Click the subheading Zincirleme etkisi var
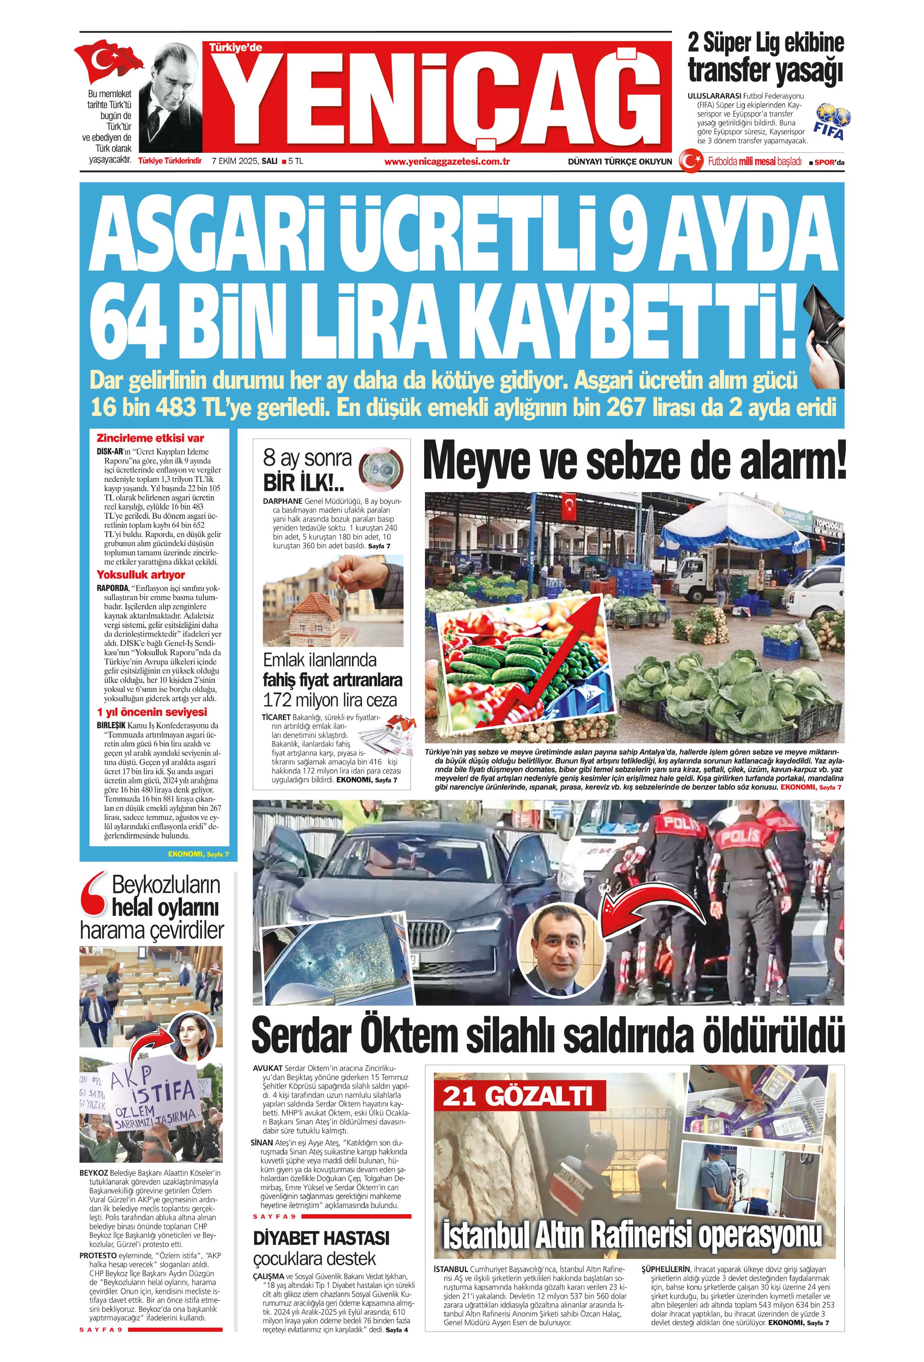point(150,438)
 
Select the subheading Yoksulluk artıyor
point(141,575)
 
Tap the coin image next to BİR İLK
point(379,469)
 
